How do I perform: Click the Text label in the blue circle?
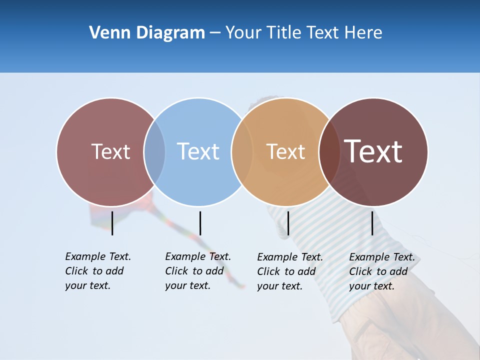point(198,151)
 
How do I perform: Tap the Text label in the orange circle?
point(285,151)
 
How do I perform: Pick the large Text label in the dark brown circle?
point(373,151)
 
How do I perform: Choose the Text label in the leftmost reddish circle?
point(110,151)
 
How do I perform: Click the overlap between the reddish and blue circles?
point(154,151)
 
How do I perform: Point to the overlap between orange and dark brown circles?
point(329,151)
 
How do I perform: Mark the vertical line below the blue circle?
point(200,223)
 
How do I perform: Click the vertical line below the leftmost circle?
point(112,223)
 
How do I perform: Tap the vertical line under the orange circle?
point(288,223)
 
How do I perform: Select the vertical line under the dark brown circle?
point(372,223)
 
